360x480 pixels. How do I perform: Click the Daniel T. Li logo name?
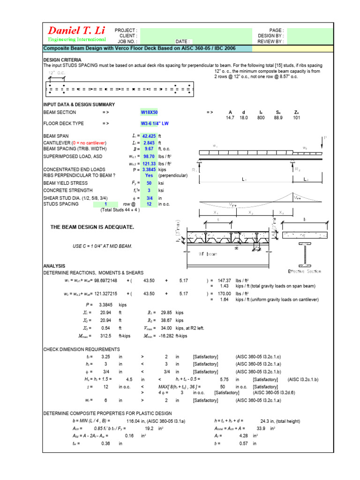tap(75, 30)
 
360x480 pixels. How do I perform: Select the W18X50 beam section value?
tap(150, 112)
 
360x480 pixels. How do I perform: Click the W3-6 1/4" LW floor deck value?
tap(156, 123)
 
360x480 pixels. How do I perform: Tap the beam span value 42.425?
tap(149, 136)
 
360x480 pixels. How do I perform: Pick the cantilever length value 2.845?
tap(149, 142)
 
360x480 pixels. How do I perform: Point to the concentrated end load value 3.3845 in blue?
tap(149, 169)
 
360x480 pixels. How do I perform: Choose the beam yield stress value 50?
tap(149, 183)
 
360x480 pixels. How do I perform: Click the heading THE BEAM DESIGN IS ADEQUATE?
tap(92, 227)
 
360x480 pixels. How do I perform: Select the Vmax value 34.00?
tap(166, 328)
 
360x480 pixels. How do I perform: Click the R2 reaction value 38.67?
tap(166, 320)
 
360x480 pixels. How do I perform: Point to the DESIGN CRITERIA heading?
tap(62, 60)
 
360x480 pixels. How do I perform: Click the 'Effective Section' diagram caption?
tap(305, 271)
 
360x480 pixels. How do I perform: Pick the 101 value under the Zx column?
tap(296, 118)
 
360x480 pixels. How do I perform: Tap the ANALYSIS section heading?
tap(54, 266)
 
